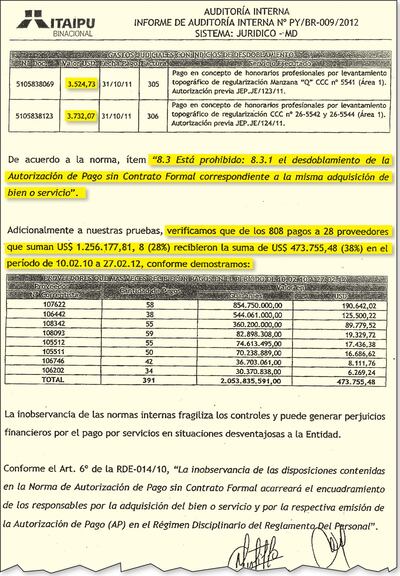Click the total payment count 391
[x=150, y=380]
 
